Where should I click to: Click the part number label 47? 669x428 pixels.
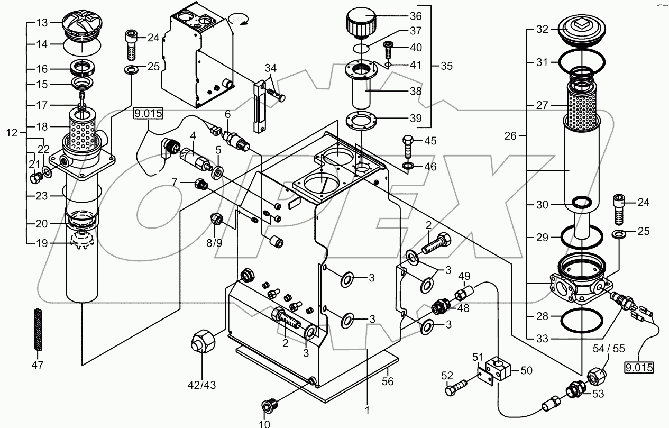click(x=37, y=365)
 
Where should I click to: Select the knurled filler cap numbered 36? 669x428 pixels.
click(x=361, y=23)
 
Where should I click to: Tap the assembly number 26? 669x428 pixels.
click(x=510, y=136)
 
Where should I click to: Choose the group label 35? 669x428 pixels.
click(x=447, y=66)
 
